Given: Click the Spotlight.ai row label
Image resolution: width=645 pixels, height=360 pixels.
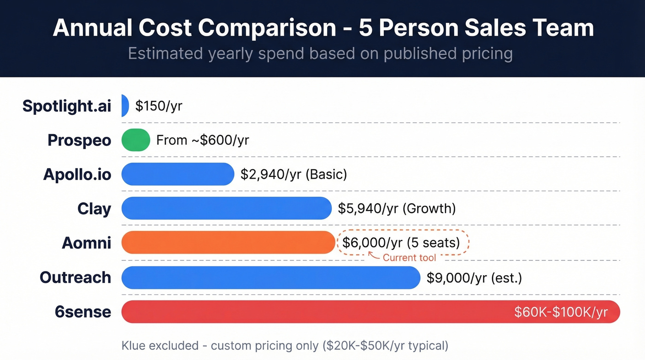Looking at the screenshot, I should (67, 106).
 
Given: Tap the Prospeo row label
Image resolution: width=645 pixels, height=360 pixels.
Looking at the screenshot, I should (79, 140).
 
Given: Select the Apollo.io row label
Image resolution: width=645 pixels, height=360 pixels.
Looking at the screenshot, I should (77, 174).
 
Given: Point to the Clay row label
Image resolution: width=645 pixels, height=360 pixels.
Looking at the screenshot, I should (94, 208).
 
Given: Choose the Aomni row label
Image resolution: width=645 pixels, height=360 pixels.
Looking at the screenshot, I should (87, 242).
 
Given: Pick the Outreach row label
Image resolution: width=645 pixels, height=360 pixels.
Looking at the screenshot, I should (76, 277).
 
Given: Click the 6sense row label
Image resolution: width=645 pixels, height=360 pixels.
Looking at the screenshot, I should (83, 312).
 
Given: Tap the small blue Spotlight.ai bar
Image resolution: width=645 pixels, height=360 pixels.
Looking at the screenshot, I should (125, 106).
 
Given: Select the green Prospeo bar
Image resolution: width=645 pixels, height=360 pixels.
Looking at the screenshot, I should (136, 140).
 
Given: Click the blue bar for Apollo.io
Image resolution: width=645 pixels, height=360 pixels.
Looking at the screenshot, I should (178, 174).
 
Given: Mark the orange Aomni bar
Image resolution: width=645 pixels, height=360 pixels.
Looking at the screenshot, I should (228, 242).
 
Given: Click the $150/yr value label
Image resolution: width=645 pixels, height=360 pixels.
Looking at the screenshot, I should (159, 106).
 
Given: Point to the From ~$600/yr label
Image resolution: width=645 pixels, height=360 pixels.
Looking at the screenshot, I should (203, 140).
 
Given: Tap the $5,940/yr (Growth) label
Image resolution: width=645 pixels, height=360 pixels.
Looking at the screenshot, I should (397, 208).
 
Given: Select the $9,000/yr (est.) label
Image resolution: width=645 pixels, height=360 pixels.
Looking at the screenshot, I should (474, 278).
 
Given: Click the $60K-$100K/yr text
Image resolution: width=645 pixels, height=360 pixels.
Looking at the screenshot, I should (561, 312).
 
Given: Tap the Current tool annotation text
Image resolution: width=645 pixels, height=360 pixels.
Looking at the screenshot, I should (409, 258).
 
